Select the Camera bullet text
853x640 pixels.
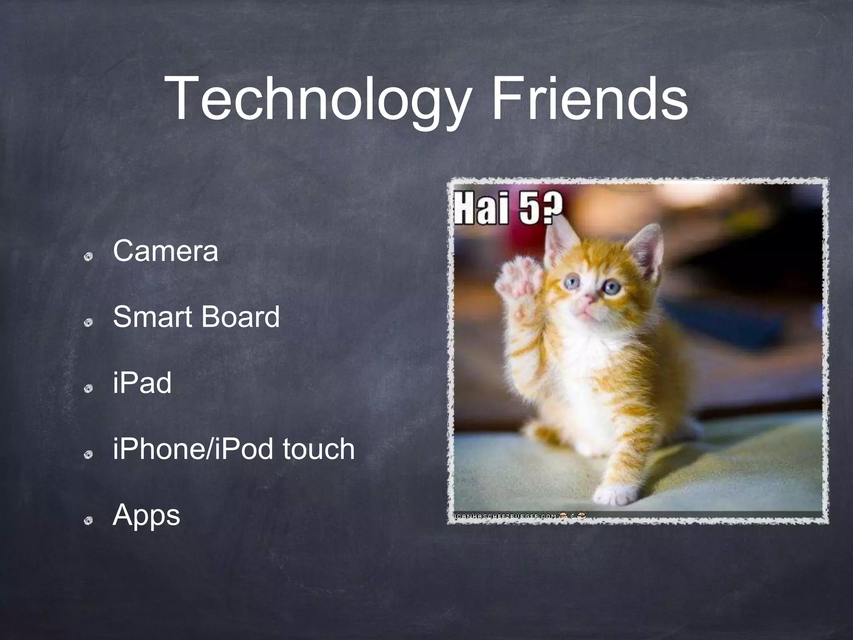(x=165, y=251)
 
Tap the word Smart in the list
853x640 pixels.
(x=152, y=317)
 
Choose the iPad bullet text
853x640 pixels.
(x=142, y=383)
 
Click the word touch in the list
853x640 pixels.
(x=319, y=449)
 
